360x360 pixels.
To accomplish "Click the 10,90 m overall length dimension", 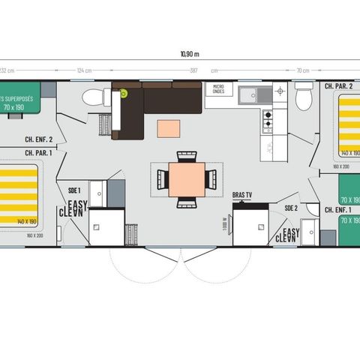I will pyautogui.click(x=190, y=53).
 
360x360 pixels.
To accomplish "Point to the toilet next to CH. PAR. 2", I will pyautogui.click(x=303, y=97).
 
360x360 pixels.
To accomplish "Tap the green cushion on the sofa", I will pyautogui.click(x=122, y=93).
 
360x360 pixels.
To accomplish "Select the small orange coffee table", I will pyautogui.click(x=169, y=128).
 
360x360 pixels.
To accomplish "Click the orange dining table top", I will pyautogui.click(x=184, y=178).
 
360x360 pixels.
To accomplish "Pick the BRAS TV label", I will pyautogui.click(x=243, y=194).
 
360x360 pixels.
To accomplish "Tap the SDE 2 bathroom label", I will pyautogui.click(x=291, y=207).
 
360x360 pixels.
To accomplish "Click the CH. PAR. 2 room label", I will pyautogui.click(x=338, y=86).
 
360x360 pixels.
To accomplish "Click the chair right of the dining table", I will pyautogui.click(x=212, y=178).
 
